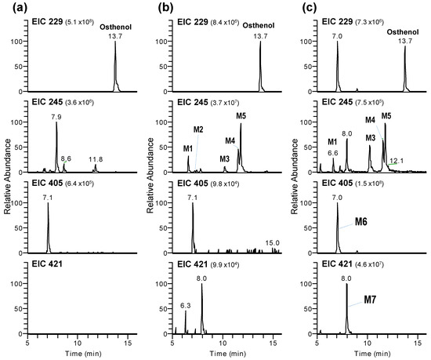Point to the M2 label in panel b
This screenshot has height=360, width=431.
pyautogui.click(x=199, y=129)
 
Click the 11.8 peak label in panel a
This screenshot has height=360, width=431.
pyautogui.click(x=96, y=158)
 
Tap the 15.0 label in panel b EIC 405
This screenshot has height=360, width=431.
pyautogui.click(x=273, y=242)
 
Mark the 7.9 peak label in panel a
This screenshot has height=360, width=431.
pyautogui.click(x=56, y=117)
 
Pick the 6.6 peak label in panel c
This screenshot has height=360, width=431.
pyautogui.click(x=333, y=153)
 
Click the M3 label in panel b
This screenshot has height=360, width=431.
pyautogui.click(x=225, y=158)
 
